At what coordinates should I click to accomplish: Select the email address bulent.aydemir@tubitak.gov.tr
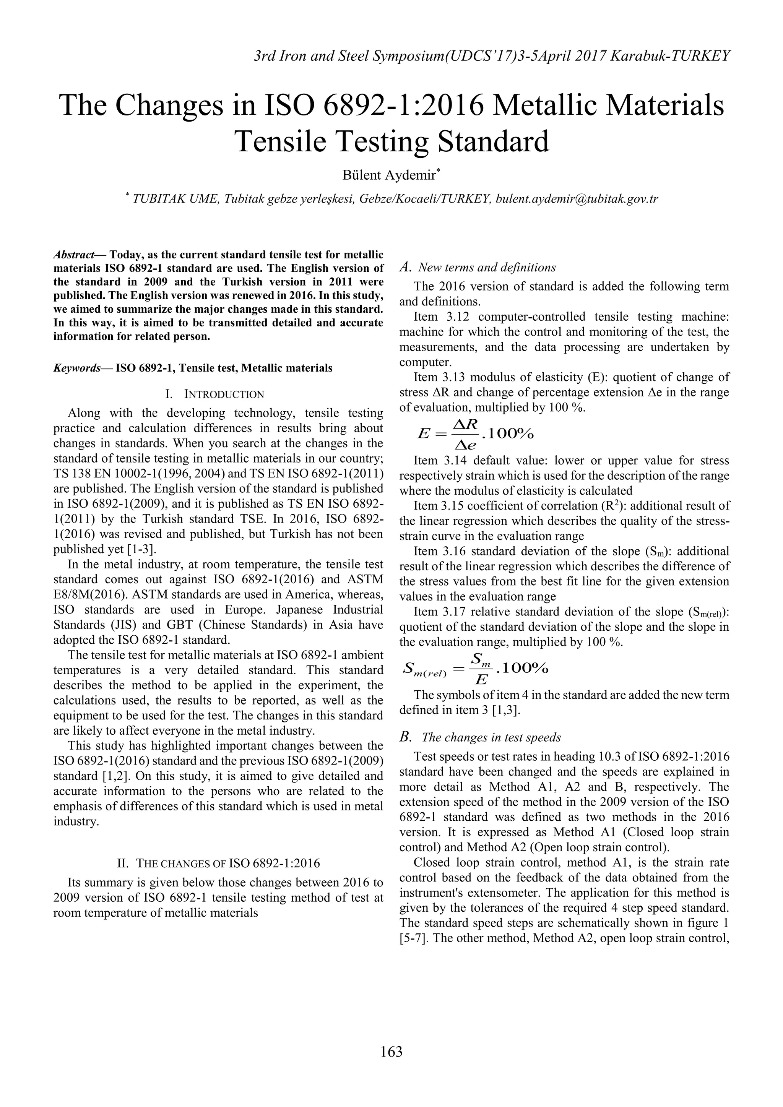[577, 199]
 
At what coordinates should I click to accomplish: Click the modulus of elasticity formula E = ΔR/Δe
[475, 434]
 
